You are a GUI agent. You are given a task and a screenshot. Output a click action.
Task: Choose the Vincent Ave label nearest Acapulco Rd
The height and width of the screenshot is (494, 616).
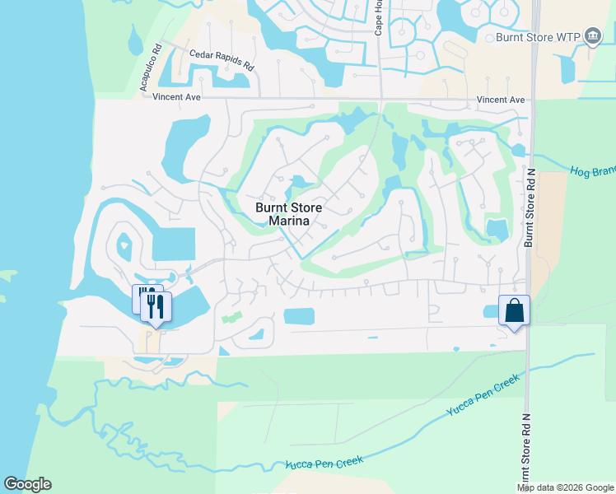tap(177, 97)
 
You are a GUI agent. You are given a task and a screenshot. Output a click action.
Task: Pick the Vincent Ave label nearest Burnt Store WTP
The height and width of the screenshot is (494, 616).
tap(501, 100)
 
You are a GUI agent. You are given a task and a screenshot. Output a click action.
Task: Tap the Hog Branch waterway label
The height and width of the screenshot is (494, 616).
tap(593, 172)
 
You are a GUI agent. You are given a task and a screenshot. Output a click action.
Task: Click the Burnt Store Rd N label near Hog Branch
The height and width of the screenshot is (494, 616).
tap(530, 208)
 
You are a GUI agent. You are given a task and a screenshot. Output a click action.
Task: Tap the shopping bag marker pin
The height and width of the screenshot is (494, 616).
tap(514, 311)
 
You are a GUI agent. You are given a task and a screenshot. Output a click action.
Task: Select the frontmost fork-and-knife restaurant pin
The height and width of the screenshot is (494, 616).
tap(156, 308)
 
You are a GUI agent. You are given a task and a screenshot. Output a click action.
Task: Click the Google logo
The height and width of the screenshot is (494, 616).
tap(27, 484)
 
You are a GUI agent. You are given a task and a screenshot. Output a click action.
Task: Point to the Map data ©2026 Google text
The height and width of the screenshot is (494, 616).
tap(565, 487)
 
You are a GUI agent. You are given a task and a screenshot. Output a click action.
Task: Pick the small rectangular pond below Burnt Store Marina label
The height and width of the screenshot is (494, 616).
tap(299, 316)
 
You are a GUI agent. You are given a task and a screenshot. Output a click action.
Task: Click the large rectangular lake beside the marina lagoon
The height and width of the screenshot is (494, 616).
tap(174, 245)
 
